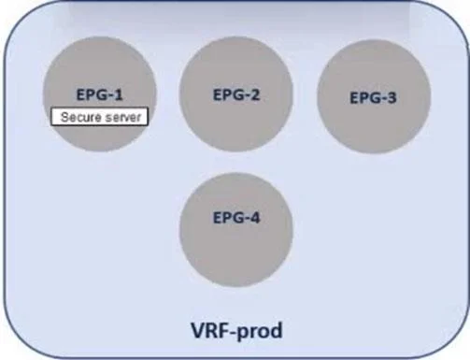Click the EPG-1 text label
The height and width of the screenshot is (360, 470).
point(100,94)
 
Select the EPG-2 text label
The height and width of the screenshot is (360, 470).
point(236,94)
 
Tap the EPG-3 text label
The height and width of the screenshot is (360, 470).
point(373,97)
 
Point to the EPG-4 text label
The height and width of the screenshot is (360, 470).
point(236,218)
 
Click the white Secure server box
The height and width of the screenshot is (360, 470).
point(99,117)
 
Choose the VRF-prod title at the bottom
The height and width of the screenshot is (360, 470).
point(236,330)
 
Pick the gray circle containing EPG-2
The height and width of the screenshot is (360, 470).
point(236,94)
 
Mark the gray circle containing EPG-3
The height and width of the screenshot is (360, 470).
point(374,96)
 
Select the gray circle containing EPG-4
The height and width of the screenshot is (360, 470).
point(236,230)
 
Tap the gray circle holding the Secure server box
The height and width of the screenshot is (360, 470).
point(100,94)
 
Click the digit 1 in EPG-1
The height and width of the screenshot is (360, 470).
point(118,94)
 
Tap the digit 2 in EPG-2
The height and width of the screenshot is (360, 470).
point(254,94)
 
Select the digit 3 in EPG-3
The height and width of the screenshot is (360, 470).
point(392,97)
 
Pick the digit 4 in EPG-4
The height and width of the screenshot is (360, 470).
point(254,218)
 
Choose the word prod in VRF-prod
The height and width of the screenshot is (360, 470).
point(261,331)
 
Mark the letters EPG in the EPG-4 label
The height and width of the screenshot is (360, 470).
point(225,218)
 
